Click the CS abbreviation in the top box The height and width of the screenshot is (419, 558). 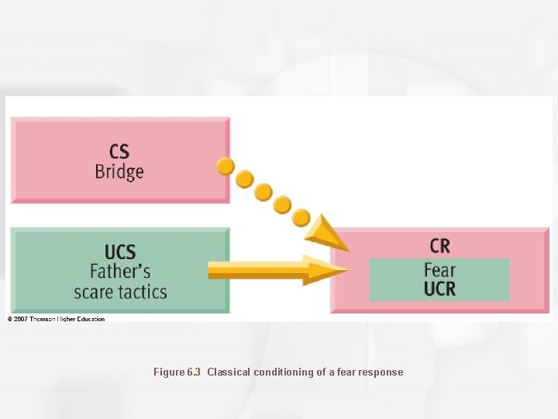pos(119,151)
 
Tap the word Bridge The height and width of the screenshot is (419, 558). pos(119,171)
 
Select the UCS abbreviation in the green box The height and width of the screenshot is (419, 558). pos(120,252)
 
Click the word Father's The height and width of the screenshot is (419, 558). pos(120,272)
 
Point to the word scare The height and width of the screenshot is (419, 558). pos(94,293)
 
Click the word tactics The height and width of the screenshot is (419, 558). pos(141,293)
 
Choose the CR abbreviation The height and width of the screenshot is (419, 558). pos(439,246)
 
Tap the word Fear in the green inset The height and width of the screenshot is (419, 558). pos(439,271)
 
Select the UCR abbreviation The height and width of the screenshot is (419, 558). pos(439,289)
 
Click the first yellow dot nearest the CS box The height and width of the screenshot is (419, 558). pos(226,166)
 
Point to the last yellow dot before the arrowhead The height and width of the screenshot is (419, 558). pos(301,217)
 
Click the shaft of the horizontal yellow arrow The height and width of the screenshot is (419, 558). pos(256,271)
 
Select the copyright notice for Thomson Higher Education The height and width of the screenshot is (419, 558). pos(56,319)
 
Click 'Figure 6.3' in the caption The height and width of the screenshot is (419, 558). pos(177,372)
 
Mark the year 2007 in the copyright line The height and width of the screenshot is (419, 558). pos(21,319)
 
